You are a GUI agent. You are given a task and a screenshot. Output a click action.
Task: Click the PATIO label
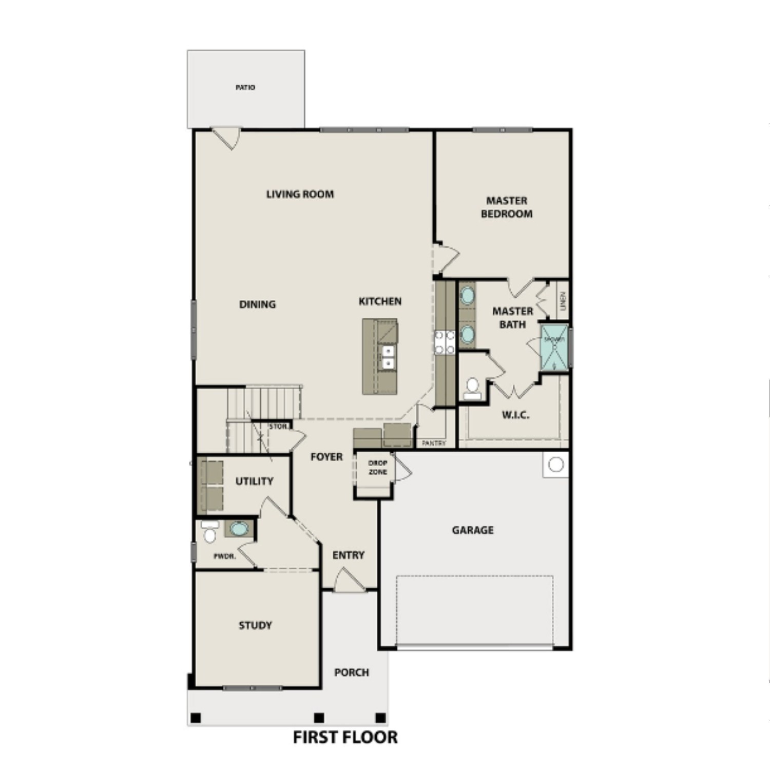pos(245,88)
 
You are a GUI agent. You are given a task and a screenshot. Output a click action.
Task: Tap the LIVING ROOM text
pos(300,194)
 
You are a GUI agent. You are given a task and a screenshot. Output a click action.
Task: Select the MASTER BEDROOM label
pos(506,207)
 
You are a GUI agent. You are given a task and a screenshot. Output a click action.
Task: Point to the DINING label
pos(257,304)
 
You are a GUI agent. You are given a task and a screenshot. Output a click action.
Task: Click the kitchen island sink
pos(388,357)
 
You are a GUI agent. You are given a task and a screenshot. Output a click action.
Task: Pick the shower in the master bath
pos(554,347)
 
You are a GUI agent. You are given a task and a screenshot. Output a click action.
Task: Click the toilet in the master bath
pos(472,389)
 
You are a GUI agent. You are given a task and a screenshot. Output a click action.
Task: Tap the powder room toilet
pos(209,532)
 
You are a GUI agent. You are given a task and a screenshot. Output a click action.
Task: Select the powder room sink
pos(238,528)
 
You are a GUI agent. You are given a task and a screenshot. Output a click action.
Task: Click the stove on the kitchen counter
pos(445,342)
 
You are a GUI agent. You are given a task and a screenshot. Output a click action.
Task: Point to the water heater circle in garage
pos(556,465)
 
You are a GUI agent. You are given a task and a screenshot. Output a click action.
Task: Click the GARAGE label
pos(473,530)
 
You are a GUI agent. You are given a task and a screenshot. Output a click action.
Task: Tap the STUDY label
pos(255,625)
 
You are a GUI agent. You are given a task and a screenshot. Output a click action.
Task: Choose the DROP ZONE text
pos(378,467)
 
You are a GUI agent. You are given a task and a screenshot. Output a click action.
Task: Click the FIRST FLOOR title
pos(345,737)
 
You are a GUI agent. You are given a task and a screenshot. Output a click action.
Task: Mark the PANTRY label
pos(434,443)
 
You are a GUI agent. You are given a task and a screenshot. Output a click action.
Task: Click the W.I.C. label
pos(515,415)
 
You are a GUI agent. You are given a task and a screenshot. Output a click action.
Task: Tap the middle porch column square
pos(319,718)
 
